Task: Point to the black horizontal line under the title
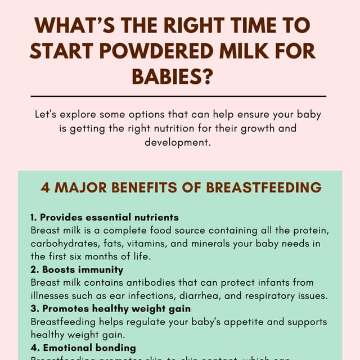pos(180,96)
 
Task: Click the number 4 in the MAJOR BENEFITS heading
pos(45,187)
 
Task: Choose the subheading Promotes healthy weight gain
pos(110,309)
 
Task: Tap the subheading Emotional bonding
pos(83,348)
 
